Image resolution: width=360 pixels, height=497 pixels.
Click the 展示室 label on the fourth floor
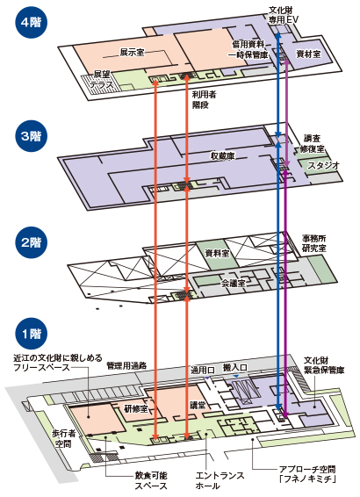click(132, 53)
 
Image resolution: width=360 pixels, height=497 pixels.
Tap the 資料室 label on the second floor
click(217, 252)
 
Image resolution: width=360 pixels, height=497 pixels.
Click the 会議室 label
click(233, 284)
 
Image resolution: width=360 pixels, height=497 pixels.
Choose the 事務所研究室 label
click(320, 243)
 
